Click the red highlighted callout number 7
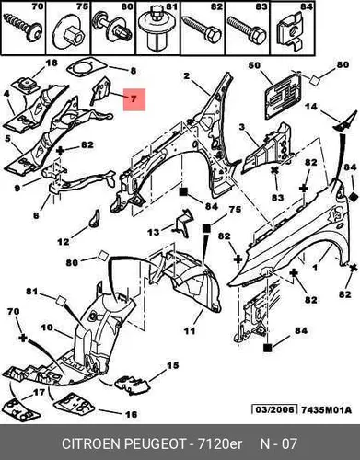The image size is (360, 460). pos(134,99)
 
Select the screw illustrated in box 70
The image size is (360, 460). pos(23,28)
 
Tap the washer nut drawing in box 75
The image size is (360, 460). pos(68,34)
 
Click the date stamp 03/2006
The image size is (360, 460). pos(274,409)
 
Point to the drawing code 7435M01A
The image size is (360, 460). pos(326,409)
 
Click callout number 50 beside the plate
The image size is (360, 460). pos(254,65)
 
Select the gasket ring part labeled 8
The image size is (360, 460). pos(86,67)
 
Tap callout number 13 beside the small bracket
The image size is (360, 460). pos(154,232)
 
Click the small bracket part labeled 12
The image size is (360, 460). pos(95,218)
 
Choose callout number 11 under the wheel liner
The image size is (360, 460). pos(190,330)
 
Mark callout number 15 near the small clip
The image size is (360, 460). pos(172,365)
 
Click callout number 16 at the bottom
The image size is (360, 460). pos(131,415)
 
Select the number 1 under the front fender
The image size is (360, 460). pos(315,268)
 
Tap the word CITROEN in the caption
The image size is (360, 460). pos(93,443)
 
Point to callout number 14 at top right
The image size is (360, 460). pos(311,107)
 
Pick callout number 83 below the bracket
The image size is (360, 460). pos(277,197)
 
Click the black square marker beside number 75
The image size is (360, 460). pos(206,229)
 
